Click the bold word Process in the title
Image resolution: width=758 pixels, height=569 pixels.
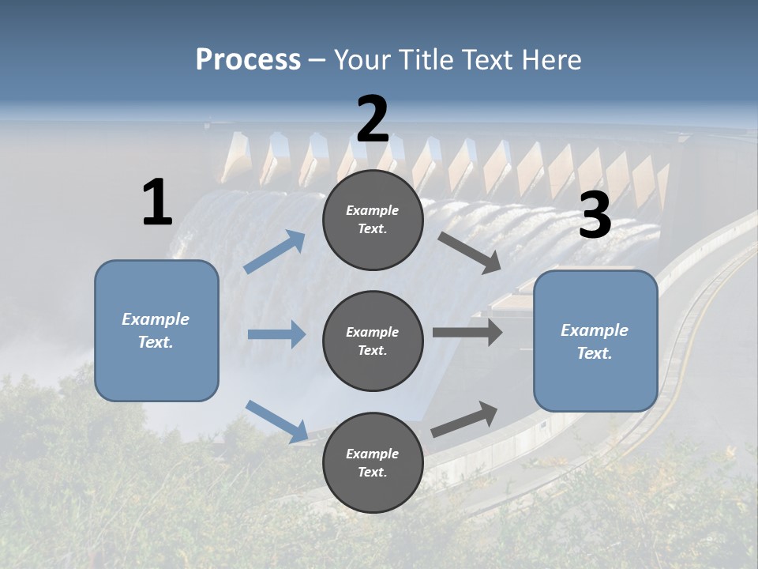[248, 59]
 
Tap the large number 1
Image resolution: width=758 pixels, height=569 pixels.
[157, 202]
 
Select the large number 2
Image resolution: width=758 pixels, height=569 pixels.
[373, 119]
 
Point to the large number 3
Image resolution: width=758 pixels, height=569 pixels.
[595, 215]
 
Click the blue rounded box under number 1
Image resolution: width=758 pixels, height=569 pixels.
[156, 330]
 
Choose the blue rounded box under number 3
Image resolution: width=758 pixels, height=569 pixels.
[595, 341]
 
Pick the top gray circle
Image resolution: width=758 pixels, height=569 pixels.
[373, 220]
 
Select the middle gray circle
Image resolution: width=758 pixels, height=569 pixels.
[373, 341]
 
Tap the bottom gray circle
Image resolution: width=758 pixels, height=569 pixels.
[373, 462]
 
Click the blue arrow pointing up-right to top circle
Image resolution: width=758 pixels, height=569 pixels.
[275, 252]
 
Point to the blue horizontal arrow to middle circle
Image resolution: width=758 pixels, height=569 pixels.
[276, 334]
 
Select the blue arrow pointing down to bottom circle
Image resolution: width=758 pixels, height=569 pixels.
[277, 420]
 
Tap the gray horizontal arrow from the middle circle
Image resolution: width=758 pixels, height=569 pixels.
[467, 333]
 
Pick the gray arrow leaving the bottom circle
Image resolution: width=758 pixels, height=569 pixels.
[465, 419]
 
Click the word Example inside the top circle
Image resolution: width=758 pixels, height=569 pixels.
[373, 210]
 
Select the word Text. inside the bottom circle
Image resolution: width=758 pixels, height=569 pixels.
[373, 472]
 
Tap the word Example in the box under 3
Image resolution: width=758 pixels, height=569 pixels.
[595, 330]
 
